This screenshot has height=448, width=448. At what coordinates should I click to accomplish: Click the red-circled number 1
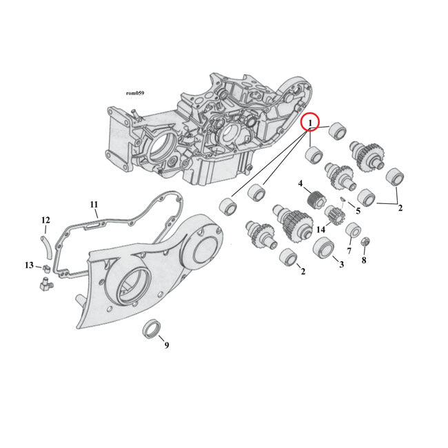pos(311,123)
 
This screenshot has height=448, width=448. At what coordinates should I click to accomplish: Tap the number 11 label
pos(94,204)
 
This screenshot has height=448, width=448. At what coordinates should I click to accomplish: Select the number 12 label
pos(45,220)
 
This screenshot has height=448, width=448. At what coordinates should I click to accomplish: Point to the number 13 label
pos(29,265)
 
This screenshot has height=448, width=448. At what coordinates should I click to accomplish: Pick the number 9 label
pos(166,345)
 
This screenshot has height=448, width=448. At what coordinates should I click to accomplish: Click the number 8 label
pos(364,261)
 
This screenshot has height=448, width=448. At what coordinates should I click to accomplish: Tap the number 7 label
pos(349,251)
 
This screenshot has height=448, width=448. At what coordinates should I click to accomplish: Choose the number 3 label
pos(339,263)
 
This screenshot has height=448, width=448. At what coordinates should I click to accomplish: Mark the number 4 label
pos(301,183)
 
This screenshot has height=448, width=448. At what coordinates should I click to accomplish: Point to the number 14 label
pos(320,230)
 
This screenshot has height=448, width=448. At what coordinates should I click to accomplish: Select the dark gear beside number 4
pos(316,199)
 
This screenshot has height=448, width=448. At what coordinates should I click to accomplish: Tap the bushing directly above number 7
pos(353,230)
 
